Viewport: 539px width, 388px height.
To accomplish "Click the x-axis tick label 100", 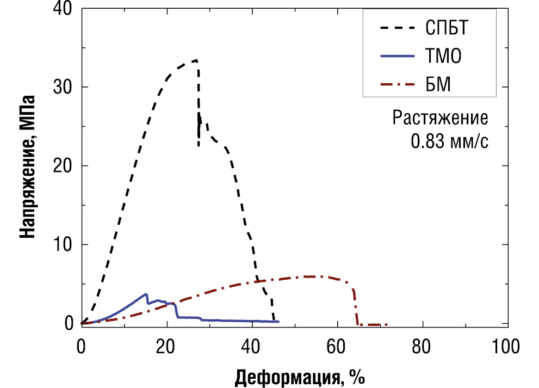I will (x=506, y=346).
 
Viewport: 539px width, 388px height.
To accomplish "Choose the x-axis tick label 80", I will (x=422, y=346).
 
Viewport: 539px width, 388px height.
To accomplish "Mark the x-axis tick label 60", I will (x=337, y=346).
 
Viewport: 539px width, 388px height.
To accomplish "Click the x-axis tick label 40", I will (x=252, y=346).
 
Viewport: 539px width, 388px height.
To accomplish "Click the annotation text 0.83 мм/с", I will (x=449, y=142).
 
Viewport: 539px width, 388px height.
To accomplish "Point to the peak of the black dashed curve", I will (x=195, y=60).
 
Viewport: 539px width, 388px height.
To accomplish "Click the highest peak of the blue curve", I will (x=146, y=294).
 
